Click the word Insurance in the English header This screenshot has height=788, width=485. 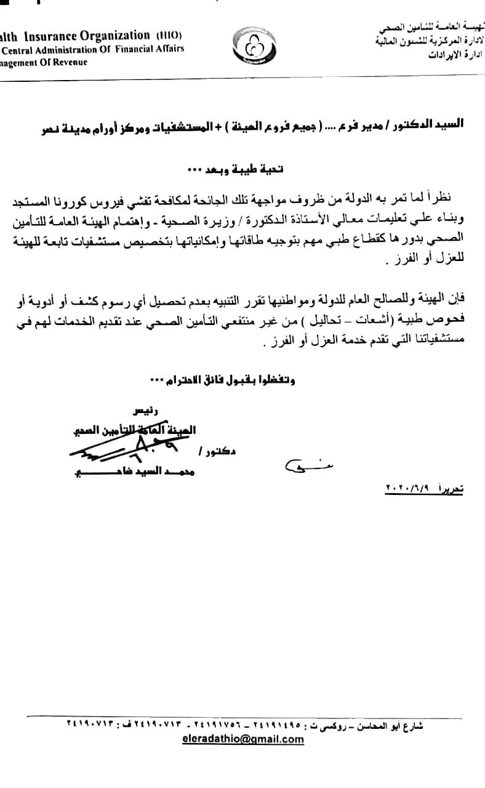pos(65,36)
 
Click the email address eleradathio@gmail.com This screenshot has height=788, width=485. pos(244,739)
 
